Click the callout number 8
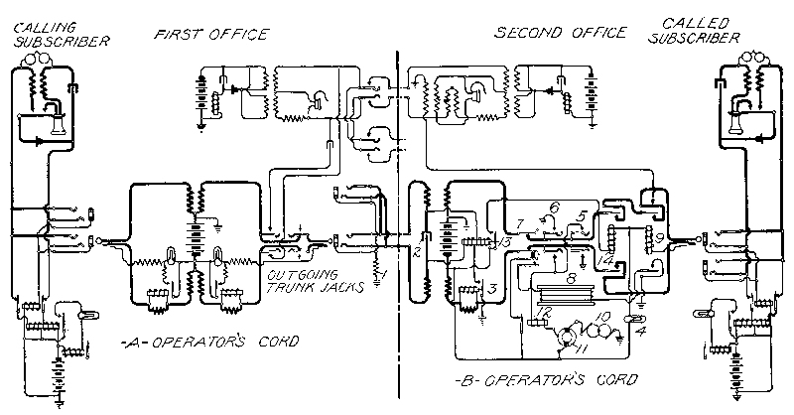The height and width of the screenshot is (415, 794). click(571, 279)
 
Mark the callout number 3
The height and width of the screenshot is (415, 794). click(493, 288)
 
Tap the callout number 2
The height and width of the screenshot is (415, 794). click(418, 254)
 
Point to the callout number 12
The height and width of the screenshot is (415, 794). click(543, 313)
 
